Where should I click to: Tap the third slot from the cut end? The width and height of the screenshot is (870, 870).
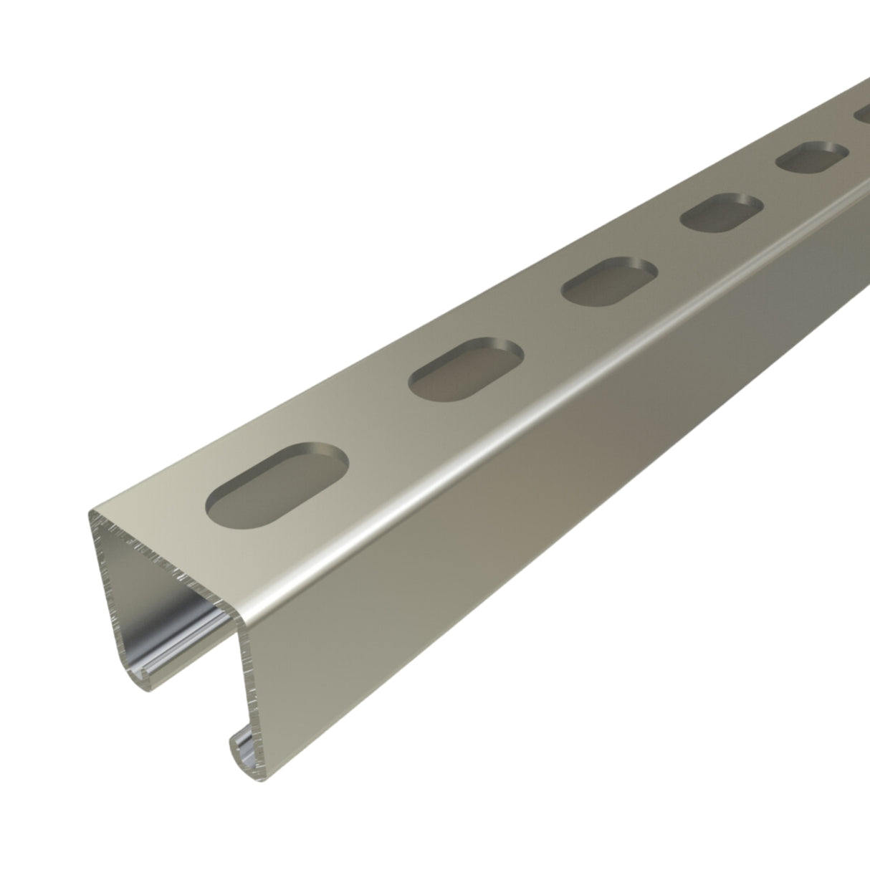tap(609, 281)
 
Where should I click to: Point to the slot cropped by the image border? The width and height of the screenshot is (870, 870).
tap(861, 115)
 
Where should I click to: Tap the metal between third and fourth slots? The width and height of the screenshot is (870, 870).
tap(666, 247)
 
